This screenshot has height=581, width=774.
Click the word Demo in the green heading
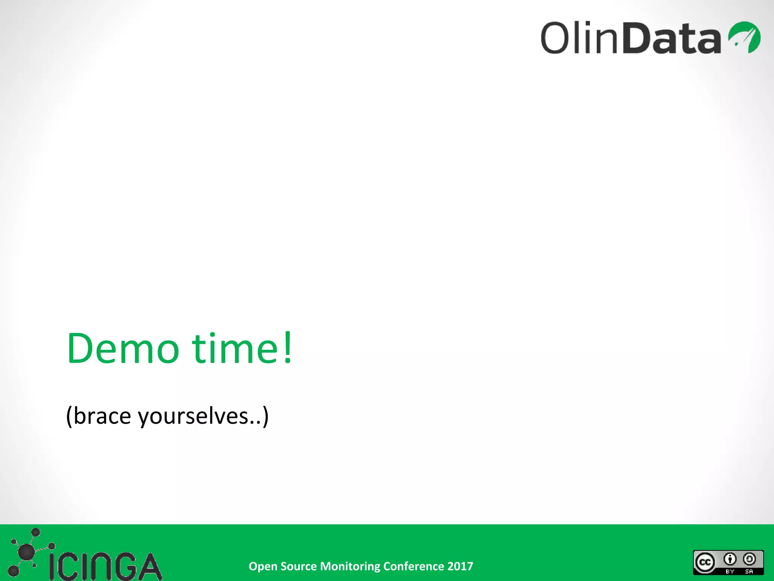click(122, 348)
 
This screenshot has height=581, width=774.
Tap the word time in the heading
click(235, 348)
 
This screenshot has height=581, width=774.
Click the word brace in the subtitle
click(102, 416)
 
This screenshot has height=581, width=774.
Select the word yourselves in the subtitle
click(193, 416)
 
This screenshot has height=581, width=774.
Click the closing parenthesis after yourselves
click(266, 416)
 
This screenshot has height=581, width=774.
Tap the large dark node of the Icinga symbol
click(26, 552)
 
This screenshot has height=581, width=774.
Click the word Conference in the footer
click(413, 566)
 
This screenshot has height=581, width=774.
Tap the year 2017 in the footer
click(460, 566)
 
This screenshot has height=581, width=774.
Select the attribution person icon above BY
click(730, 559)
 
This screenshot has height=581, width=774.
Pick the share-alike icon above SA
click(749, 559)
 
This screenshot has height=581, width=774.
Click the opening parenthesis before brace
click(69, 416)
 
